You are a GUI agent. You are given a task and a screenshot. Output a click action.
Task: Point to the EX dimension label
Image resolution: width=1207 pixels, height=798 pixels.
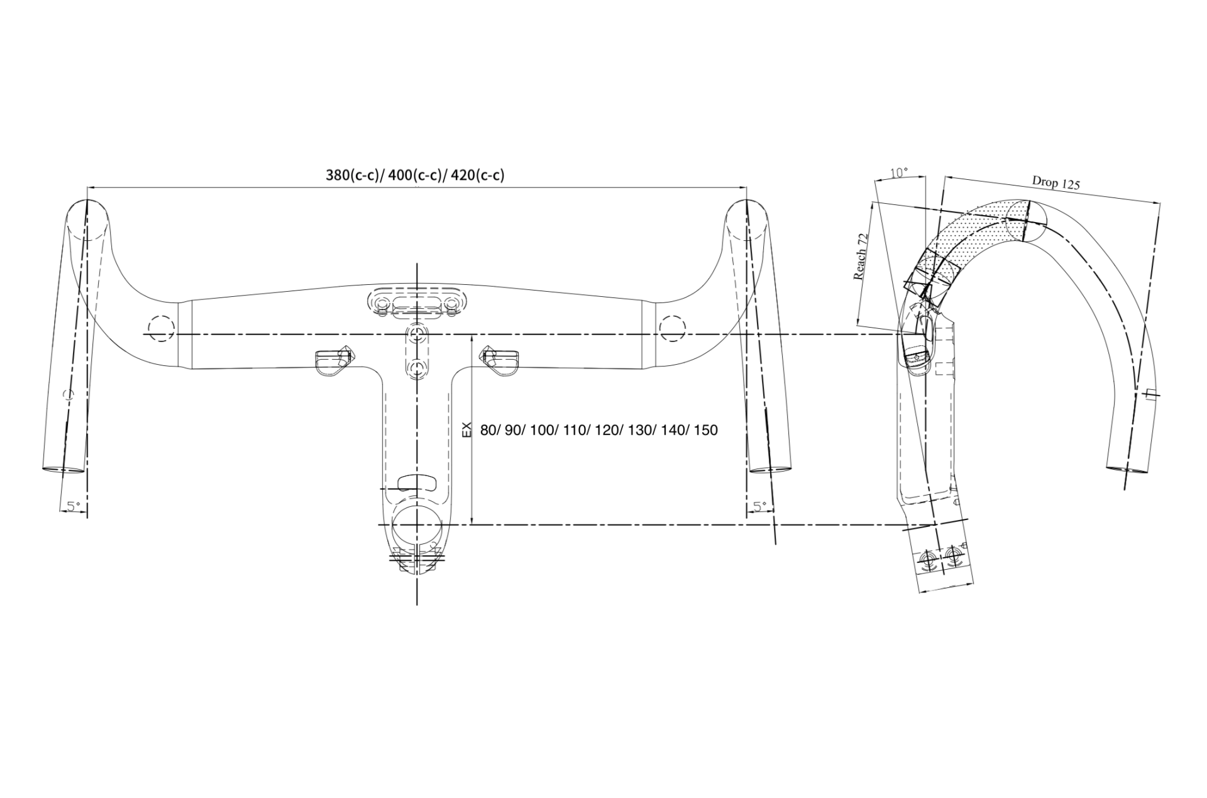tap(466, 430)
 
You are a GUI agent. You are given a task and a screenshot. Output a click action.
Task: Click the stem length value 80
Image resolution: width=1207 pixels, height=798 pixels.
tap(488, 430)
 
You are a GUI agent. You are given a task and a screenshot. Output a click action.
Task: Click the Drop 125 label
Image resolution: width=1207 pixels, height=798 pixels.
tap(1055, 182)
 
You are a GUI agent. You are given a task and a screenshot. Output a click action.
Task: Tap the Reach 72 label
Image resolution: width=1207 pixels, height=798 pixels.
tap(861, 257)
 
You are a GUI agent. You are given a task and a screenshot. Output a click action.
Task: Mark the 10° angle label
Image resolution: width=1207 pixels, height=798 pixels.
tap(900, 172)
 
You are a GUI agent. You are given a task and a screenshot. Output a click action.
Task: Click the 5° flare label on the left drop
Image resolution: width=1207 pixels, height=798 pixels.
tap(74, 505)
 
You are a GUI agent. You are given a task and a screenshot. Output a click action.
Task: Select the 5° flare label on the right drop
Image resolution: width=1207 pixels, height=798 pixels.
tap(759, 505)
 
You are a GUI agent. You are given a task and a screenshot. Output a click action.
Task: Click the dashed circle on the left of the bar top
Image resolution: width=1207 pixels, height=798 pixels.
tap(160, 328)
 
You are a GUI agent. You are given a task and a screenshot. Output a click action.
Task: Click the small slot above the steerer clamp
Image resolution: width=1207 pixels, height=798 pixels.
tap(417, 482)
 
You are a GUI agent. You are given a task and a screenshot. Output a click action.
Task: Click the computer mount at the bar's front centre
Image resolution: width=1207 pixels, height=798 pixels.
tap(416, 301)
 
